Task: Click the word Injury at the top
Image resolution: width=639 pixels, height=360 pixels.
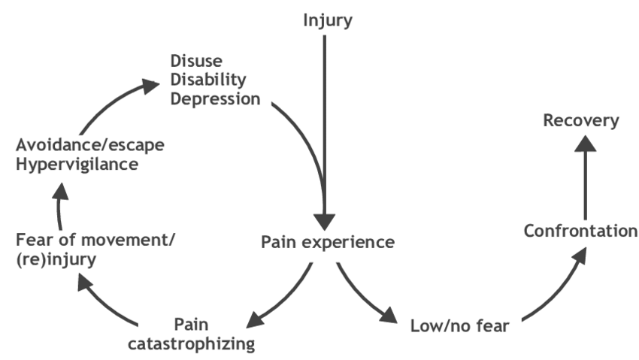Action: tap(327, 20)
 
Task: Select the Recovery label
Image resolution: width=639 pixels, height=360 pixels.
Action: tap(582, 120)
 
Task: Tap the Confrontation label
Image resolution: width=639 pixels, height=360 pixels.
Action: tap(580, 231)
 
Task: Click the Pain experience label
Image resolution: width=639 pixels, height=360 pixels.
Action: tap(327, 243)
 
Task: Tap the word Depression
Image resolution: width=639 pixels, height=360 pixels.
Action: tap(215, 98)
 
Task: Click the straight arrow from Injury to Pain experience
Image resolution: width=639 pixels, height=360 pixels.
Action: tap(324, 128)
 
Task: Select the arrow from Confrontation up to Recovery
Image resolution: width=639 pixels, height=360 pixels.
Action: tap(584, 177)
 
